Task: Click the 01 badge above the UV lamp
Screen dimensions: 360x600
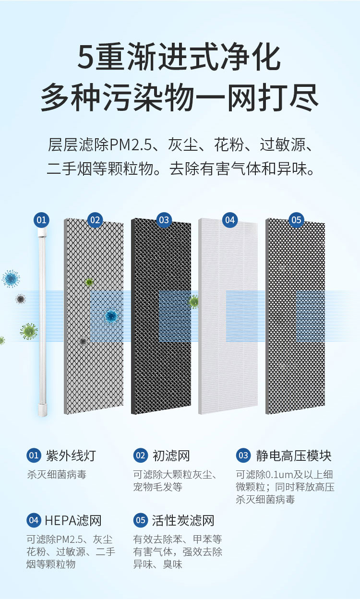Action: coord(41,220)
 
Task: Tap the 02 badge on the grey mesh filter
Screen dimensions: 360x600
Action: coord(95,220)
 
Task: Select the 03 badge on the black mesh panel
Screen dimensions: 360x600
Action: coord(164,220)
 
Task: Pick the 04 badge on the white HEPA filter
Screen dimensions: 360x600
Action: coord(230,220)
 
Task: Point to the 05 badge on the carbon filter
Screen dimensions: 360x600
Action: coord(296,220)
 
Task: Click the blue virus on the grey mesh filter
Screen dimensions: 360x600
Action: coord(111,316)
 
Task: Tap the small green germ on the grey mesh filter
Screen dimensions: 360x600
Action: coord(89,282)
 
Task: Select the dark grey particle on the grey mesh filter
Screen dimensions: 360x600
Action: coord(83,341)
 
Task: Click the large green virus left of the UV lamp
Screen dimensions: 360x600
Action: coord(29,331)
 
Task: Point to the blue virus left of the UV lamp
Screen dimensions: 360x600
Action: coord(11,278)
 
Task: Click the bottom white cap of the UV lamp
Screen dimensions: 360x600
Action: coord(42,410)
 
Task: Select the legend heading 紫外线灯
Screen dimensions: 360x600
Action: coord(71,456)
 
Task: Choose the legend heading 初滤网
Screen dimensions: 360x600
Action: coord(171,456)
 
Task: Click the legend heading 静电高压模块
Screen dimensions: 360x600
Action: coord(294,456)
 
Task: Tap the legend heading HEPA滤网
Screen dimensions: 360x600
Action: coord(73,520)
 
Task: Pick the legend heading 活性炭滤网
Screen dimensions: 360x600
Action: coord(183,520)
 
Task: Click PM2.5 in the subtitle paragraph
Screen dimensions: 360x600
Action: coord(131,144)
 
